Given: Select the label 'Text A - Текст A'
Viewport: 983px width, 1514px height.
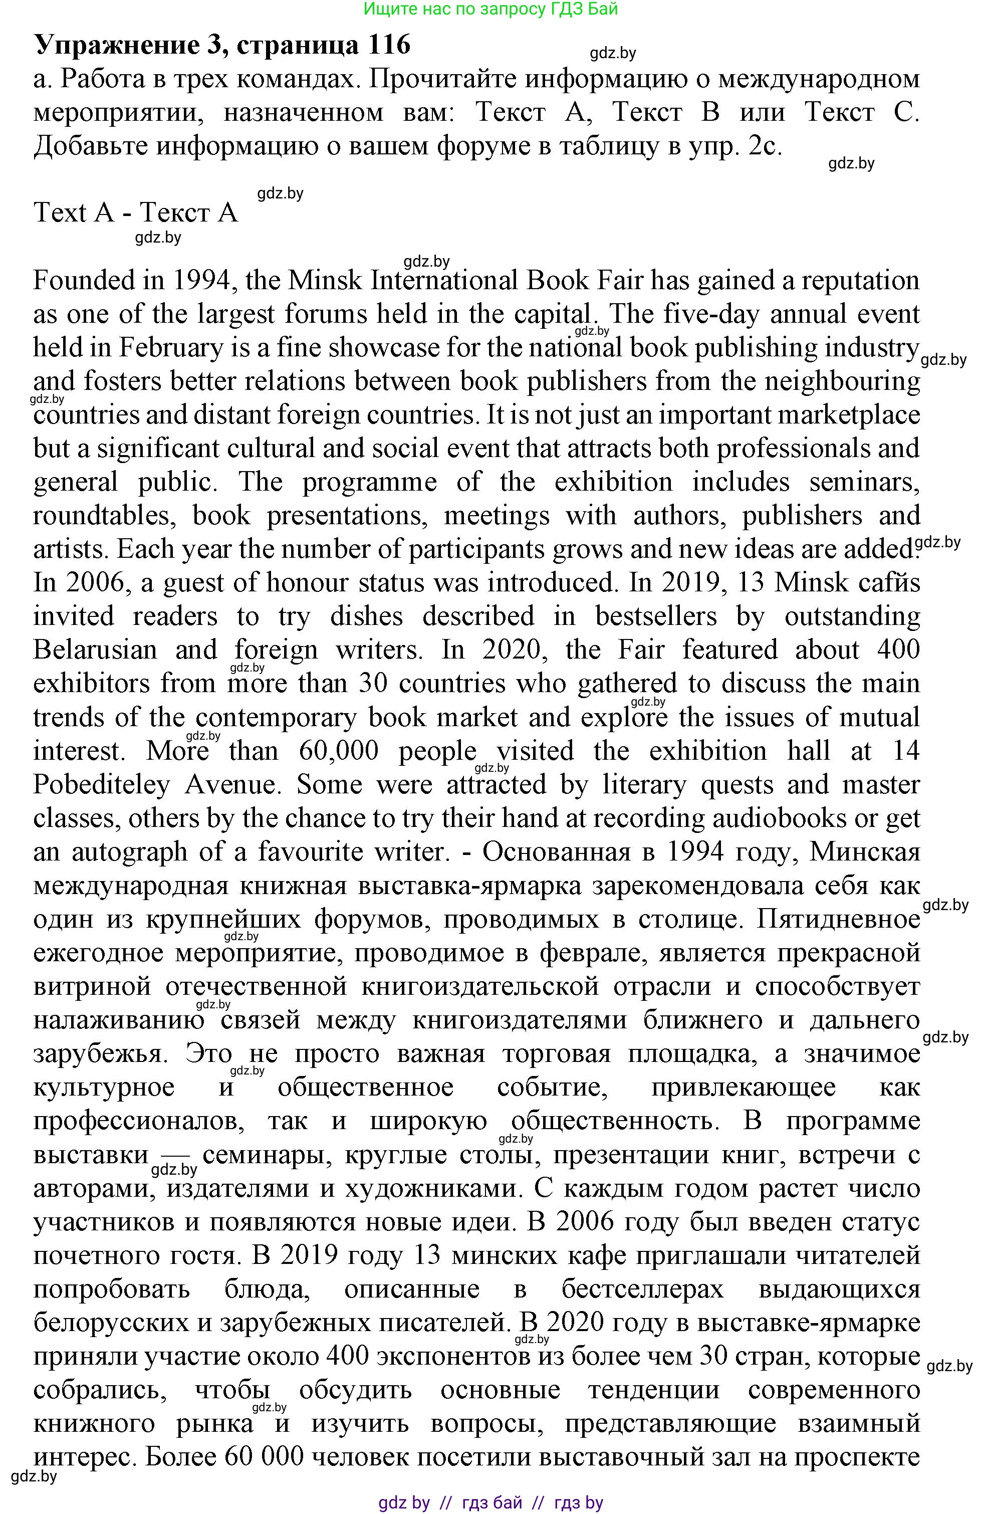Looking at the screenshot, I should click(x=135, y=212).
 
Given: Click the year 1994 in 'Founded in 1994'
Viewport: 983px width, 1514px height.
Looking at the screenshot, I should click(x=201, y=281).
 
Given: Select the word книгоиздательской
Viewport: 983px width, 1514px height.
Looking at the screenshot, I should click(x=480, y=986).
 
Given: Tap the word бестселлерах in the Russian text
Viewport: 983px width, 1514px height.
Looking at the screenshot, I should click(x=642, y=1271).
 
